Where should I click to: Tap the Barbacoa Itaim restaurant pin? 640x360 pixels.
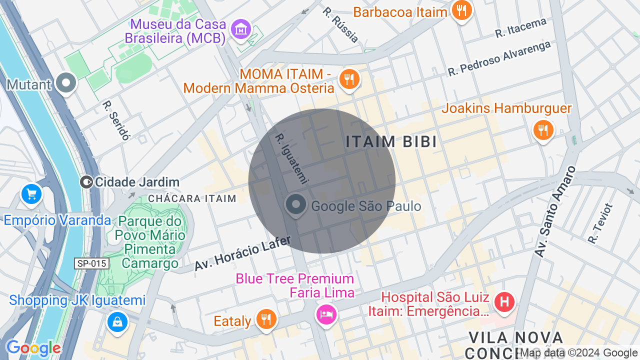click(x=461, y=10)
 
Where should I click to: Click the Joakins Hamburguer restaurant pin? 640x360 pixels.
click(x=543, y=130)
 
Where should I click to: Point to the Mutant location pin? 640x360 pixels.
click(x=65, y=83)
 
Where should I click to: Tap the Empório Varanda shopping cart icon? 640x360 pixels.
click(x=31, y=194)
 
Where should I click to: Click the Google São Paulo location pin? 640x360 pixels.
click(x=296, y=205)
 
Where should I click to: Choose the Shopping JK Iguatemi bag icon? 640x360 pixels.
click(x=117, y=322)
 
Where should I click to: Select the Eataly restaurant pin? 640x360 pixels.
click(x=266, y=319)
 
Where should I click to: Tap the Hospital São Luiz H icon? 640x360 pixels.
click(x=504, y=301)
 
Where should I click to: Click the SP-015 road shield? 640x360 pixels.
click(x=92, y=263)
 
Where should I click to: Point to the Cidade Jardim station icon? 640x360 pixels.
click(x=86, y=182)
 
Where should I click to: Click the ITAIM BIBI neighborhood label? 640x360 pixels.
click(x=391, y=142)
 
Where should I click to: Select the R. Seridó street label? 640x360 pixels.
click(x=116, y=120)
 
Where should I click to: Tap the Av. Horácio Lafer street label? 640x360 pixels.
click(x=242, y=254)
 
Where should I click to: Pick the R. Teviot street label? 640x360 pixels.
click(x=600, y=223)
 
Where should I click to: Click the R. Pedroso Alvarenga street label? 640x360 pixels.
click(x=499, y=58)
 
